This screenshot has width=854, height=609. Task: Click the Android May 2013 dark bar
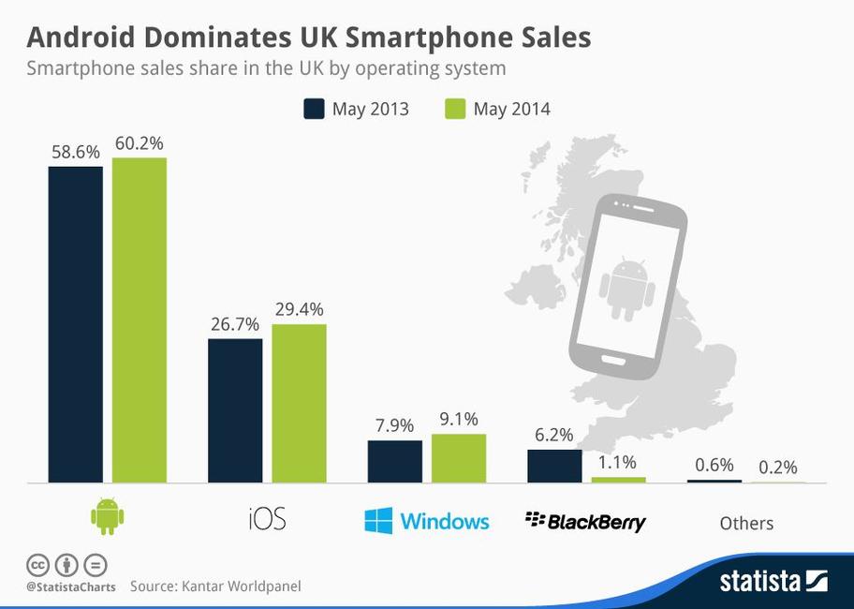(76, 324)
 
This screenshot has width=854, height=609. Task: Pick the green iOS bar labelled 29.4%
(300, 403)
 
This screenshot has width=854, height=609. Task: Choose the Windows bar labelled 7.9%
(395, 461)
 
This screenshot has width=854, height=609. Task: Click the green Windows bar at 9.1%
(459, 458)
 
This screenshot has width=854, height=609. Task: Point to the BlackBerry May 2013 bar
(554, 466)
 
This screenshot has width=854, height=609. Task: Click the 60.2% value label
(140, 143)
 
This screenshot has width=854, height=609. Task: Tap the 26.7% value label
(235, 323)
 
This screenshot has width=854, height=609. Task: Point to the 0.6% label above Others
(714, 465)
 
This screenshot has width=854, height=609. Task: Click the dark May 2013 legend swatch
(314, 109)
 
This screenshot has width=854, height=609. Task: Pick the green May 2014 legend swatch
(454, 109)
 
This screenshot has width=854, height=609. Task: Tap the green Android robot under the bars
(108, 515)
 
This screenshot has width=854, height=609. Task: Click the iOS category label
(267, 519)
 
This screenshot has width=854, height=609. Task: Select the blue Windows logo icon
(378, 520)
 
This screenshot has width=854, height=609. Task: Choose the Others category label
(746, 523)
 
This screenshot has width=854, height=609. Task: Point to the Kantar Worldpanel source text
(215, 587)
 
